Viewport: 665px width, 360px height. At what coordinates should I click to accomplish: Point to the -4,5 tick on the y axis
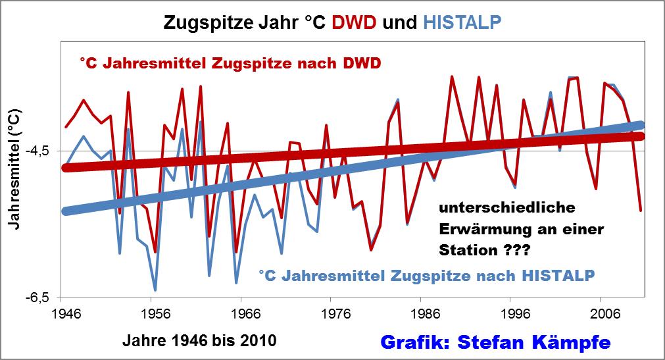pos(45,151)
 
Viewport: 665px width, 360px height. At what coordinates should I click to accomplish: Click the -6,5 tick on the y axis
pos(45,298)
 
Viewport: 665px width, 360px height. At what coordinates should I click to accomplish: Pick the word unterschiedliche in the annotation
pos(506,208)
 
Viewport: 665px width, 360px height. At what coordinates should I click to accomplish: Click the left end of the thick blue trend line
pos(66,211)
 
